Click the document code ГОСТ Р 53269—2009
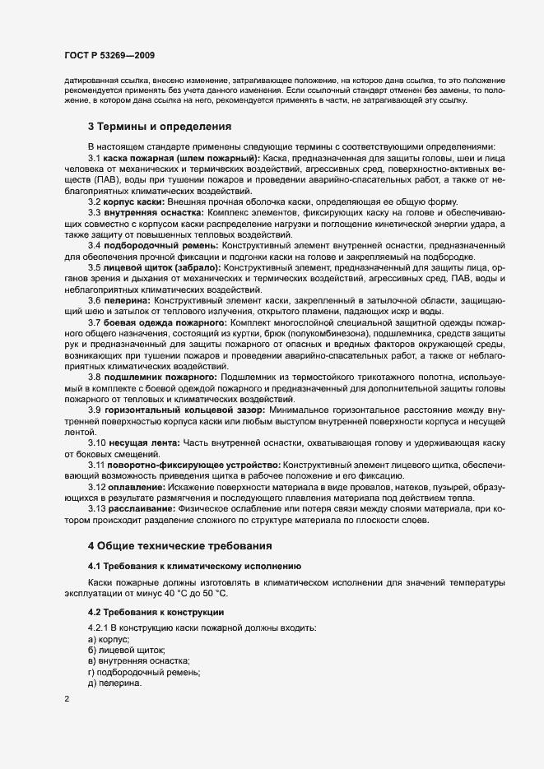pos(109,55)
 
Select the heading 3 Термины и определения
pos(159,127)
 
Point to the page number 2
pos(66,699)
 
